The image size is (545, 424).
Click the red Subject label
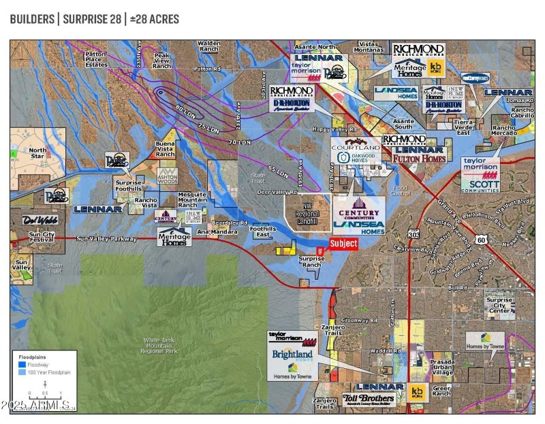coord(343,244)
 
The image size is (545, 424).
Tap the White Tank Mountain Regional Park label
coord(161,345)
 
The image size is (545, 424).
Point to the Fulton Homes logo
coord(419,159)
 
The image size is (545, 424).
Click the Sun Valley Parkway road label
coord(107,239)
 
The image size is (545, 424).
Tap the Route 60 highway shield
coord(481,240)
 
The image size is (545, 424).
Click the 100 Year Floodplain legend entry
coord(47,374)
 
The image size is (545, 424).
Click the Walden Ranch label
coord(208,46)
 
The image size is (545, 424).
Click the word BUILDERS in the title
coord(32,18)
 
